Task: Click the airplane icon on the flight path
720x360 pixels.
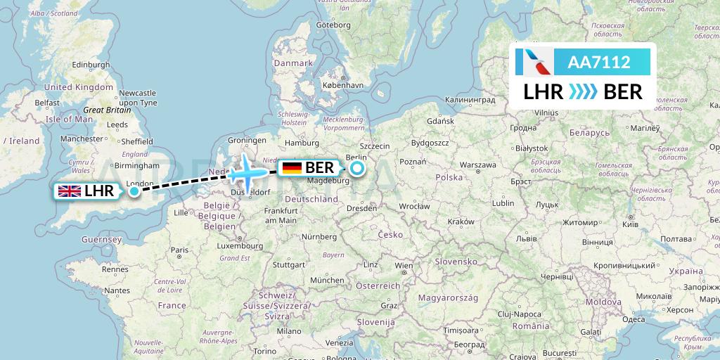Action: (247, 169)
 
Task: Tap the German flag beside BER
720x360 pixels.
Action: (292, 168)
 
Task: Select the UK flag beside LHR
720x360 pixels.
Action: (69, 191)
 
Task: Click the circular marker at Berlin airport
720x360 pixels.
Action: (357, 168)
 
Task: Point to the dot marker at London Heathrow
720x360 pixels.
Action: (134, 191)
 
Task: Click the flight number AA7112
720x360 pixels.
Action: (598, 63)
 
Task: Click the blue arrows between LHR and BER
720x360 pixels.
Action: (583, 92)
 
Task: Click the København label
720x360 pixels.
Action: (342, 84)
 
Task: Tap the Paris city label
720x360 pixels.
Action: (181, 250)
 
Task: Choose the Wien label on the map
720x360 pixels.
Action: (404, 266)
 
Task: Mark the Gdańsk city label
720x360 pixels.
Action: (440, 121)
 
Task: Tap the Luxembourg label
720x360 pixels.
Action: (240, 245)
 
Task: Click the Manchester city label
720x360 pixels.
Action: (82, 139)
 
